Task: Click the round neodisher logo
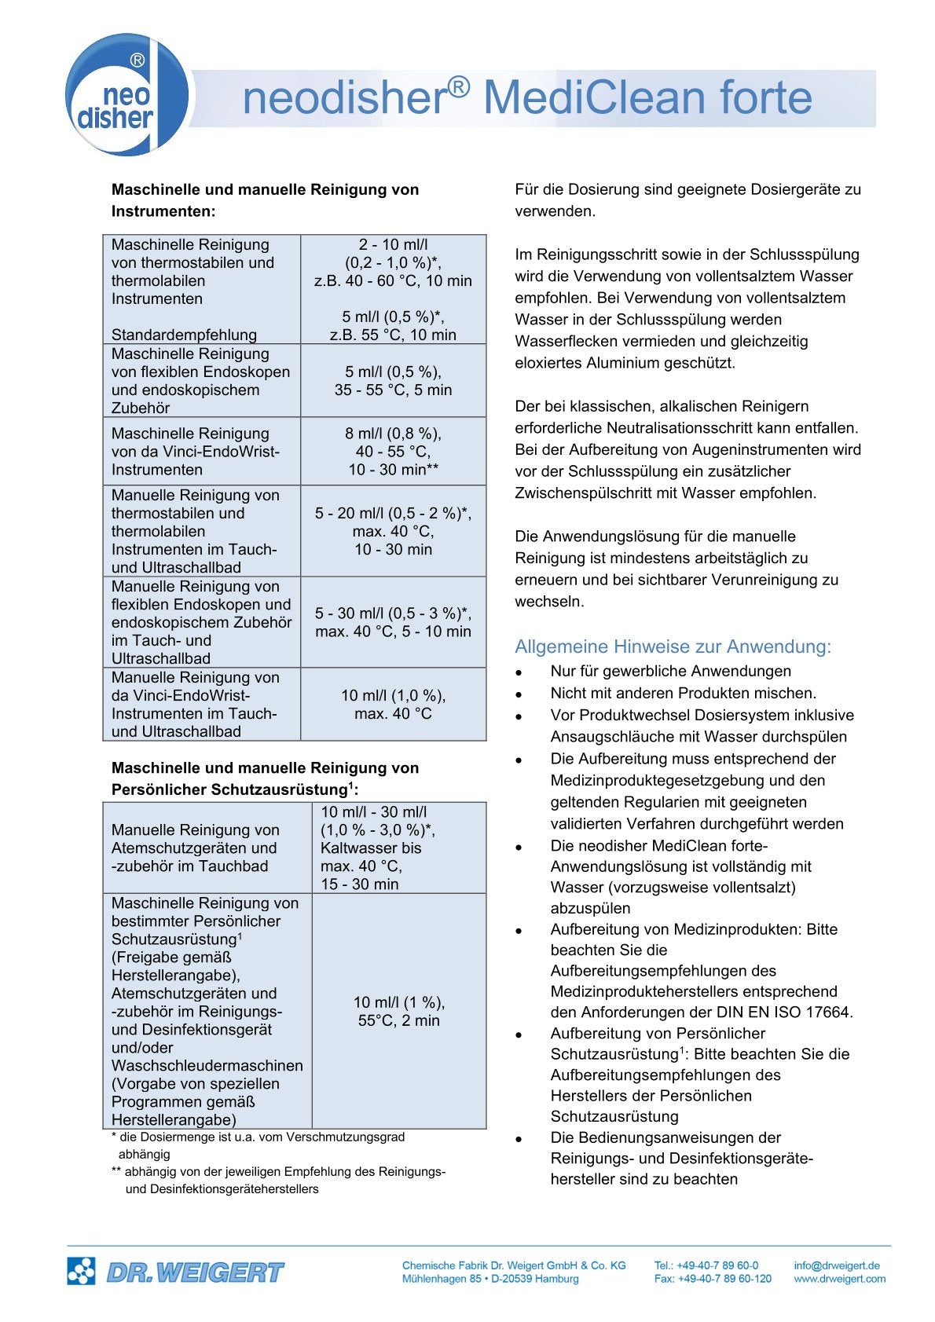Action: [126, 95]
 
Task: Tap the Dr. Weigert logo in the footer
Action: [176, 1272]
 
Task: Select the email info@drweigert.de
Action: [836, 1265]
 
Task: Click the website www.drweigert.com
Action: [839, 1279]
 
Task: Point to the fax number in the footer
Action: [713, 1279]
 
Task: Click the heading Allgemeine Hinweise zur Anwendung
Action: [673, 646]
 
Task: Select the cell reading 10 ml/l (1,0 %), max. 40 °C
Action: [393, 705]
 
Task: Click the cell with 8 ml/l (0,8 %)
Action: [393, 434]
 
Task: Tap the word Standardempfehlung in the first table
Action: [184, 335]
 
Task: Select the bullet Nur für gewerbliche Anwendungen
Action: [670, 672]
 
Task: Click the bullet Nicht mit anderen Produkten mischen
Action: [683, 694]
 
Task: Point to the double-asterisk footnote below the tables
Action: [279, 1180]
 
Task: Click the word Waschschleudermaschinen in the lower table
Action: [207, 1066]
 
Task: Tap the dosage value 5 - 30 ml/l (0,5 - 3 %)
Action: [393, 613]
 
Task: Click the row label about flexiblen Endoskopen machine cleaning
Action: [200, 381]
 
